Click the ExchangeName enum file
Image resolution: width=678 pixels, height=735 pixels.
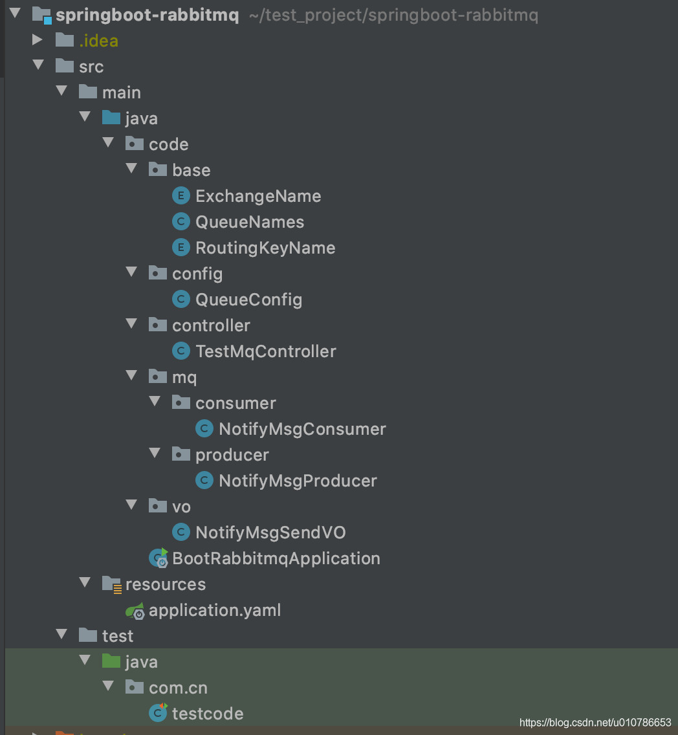(x=258, y=196)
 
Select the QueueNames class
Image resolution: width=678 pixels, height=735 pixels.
(x=250, y=222)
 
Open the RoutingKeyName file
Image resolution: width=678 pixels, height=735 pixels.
(x=265, y=248)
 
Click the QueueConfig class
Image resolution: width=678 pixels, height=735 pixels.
(x=248, y=300)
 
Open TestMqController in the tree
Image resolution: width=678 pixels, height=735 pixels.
(x=266, y=351)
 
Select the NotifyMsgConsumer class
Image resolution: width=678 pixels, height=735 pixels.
(x=302, y=429)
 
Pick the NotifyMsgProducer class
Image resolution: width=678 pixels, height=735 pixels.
(x=298, y=481)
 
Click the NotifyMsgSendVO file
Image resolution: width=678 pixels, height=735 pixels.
(x=270, y=532)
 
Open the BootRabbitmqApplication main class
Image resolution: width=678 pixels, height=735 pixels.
(x=276, y=558)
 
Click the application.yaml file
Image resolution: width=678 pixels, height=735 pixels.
(x=215, y=610)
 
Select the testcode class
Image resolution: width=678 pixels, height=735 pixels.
(x=208, y=714)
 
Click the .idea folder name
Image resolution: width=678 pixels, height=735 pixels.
(x=98, y=41)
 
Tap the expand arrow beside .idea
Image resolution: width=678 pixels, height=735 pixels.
(x=38, y=40)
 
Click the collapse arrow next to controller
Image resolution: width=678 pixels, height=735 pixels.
(x=132, y=324)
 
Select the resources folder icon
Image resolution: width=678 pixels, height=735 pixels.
(x=112, y=584)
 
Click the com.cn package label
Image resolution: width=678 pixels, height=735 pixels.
(x=178, y=688)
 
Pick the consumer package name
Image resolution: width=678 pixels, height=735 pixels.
(x=235, y=403)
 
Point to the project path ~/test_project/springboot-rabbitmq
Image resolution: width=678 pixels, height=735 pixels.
(x=393, y=15)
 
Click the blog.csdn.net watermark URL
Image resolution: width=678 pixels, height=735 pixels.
(x=595, y=723)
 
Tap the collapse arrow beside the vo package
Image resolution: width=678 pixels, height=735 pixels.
(x=132, y=505)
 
